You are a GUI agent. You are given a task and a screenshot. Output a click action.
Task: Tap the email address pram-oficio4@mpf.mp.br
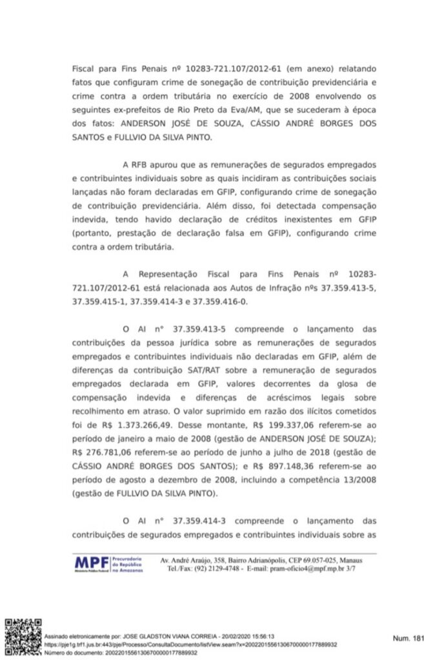pos(307,569)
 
